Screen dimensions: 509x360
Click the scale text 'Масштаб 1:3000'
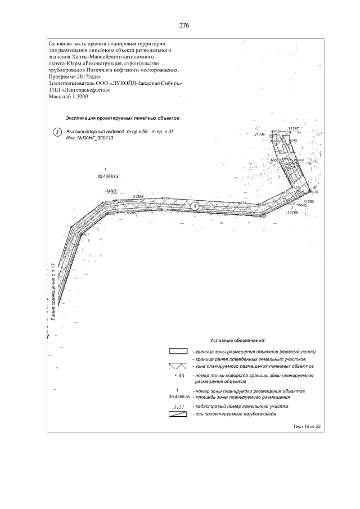pos(69,96)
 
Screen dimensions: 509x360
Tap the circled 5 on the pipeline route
pos(195,206)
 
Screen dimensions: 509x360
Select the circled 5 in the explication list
pos(56,132)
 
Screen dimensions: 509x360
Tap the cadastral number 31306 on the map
pos(111,191)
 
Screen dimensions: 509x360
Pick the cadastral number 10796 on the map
pos(292,213)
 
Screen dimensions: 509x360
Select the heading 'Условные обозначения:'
pos(237,340)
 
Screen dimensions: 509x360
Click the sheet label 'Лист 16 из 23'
pos(307,427)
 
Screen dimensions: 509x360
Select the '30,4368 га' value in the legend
pos(177,397)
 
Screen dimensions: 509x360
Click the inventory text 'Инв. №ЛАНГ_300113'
pos(86,137)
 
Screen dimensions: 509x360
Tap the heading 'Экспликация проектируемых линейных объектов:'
pos(123,119)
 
